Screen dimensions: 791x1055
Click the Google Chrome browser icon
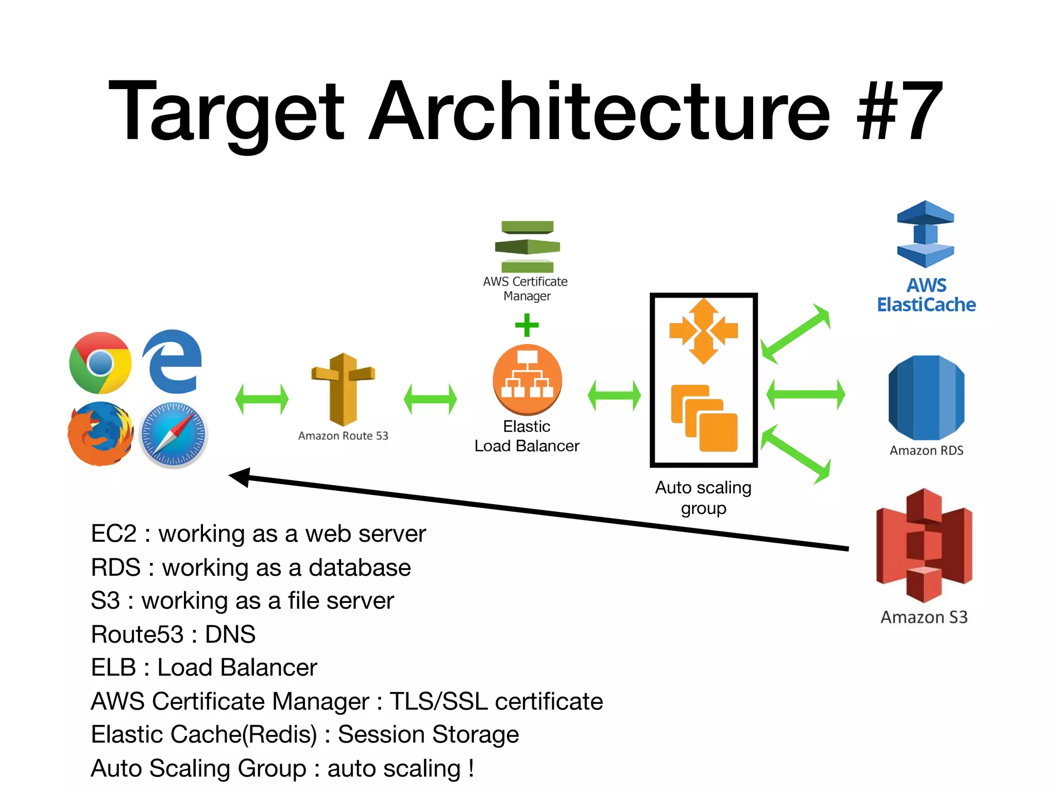click(x=100, y=363)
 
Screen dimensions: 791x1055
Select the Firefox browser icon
click(x=100, y=434)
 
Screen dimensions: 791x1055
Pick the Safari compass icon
click(x=174, y=435)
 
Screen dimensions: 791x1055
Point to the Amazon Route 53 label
click(x=343, y=436)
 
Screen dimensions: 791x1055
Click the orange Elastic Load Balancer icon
click(x=527, y=380)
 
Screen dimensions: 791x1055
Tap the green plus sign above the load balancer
click(x=526, y=325)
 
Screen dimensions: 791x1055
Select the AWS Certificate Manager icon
click(x=527, y=247)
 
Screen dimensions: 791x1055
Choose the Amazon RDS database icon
click(x=926, y=397)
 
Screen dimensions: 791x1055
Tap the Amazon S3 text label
click(x=924, y=617)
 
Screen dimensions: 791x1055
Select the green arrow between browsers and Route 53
click(x=262, y=399)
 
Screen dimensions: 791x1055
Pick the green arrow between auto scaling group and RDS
click(x=805, y=394)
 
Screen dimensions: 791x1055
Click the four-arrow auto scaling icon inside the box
click(x=704, y=331)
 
